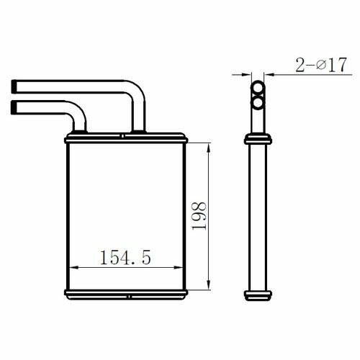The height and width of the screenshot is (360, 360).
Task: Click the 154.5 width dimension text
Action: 125,257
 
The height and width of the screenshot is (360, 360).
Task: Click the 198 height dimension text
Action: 199,216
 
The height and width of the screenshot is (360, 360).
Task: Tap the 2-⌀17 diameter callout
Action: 321,65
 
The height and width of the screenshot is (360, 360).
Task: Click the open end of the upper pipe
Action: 14,86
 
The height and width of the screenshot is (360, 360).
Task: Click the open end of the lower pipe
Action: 14,107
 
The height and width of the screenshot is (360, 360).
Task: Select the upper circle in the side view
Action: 258,87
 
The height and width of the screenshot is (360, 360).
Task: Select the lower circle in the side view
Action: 258,103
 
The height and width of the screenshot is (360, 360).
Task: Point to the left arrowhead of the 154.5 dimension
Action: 74,267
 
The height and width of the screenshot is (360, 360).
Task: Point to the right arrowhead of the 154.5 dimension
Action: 178,267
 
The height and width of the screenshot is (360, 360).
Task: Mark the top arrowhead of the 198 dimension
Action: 209,148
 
